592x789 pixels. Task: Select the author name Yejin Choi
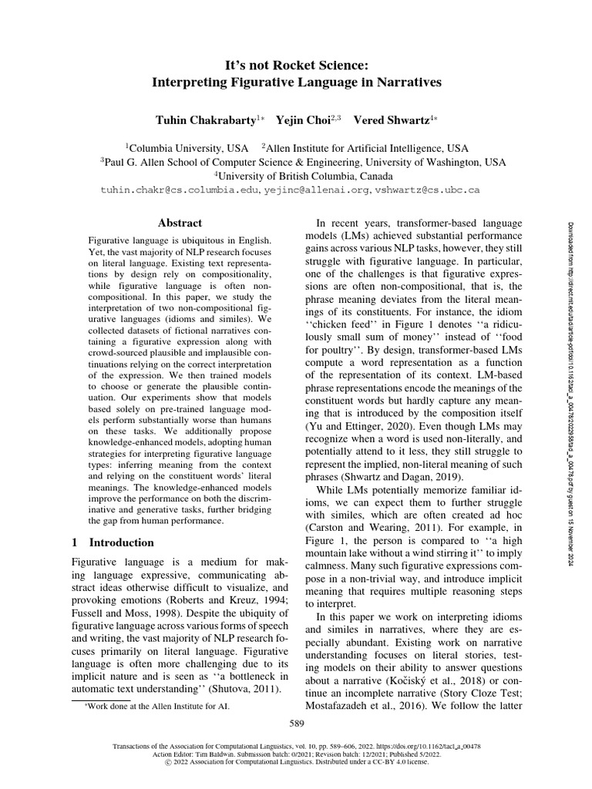point(299,120)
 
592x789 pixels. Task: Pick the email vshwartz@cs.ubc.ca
point(428,189)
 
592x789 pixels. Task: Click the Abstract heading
point(180,223)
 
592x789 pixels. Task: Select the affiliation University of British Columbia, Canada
point(296,175)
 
